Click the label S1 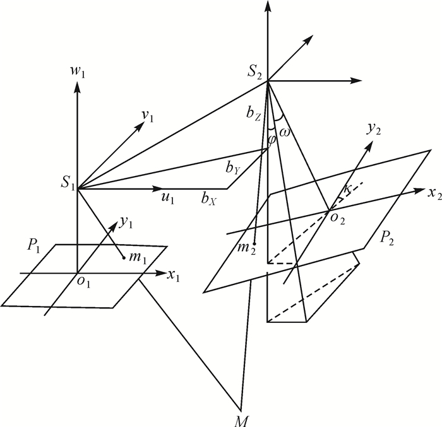68,185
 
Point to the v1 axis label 149,115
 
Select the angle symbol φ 272,139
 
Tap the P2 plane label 388,237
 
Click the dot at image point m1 124,257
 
